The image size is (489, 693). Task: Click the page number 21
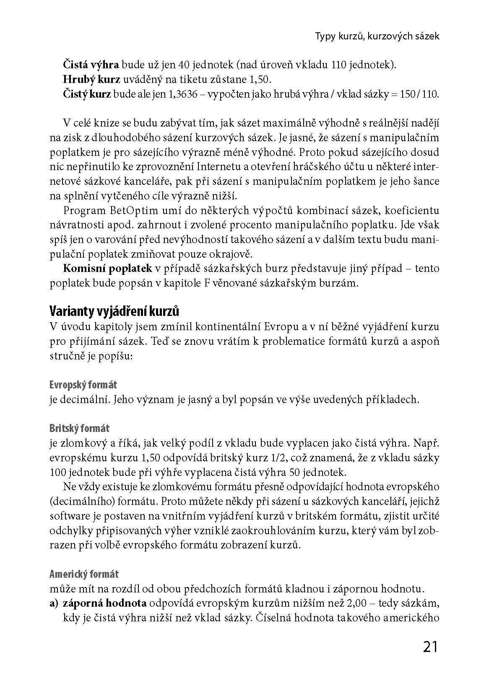point(430,647)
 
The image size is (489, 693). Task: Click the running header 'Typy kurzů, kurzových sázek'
point(377,36)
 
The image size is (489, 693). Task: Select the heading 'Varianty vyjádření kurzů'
point(114,312)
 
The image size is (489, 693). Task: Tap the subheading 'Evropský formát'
point(83,385)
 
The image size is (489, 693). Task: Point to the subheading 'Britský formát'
point(79,429)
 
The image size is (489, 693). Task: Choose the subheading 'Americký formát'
point(84,574)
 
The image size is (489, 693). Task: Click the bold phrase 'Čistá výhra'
point(91,65)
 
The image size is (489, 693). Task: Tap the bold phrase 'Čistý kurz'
point(87,94)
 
